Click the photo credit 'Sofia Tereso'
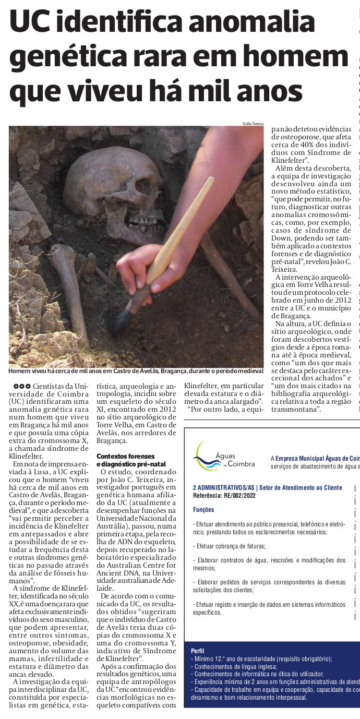253,124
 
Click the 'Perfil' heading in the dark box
198,651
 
